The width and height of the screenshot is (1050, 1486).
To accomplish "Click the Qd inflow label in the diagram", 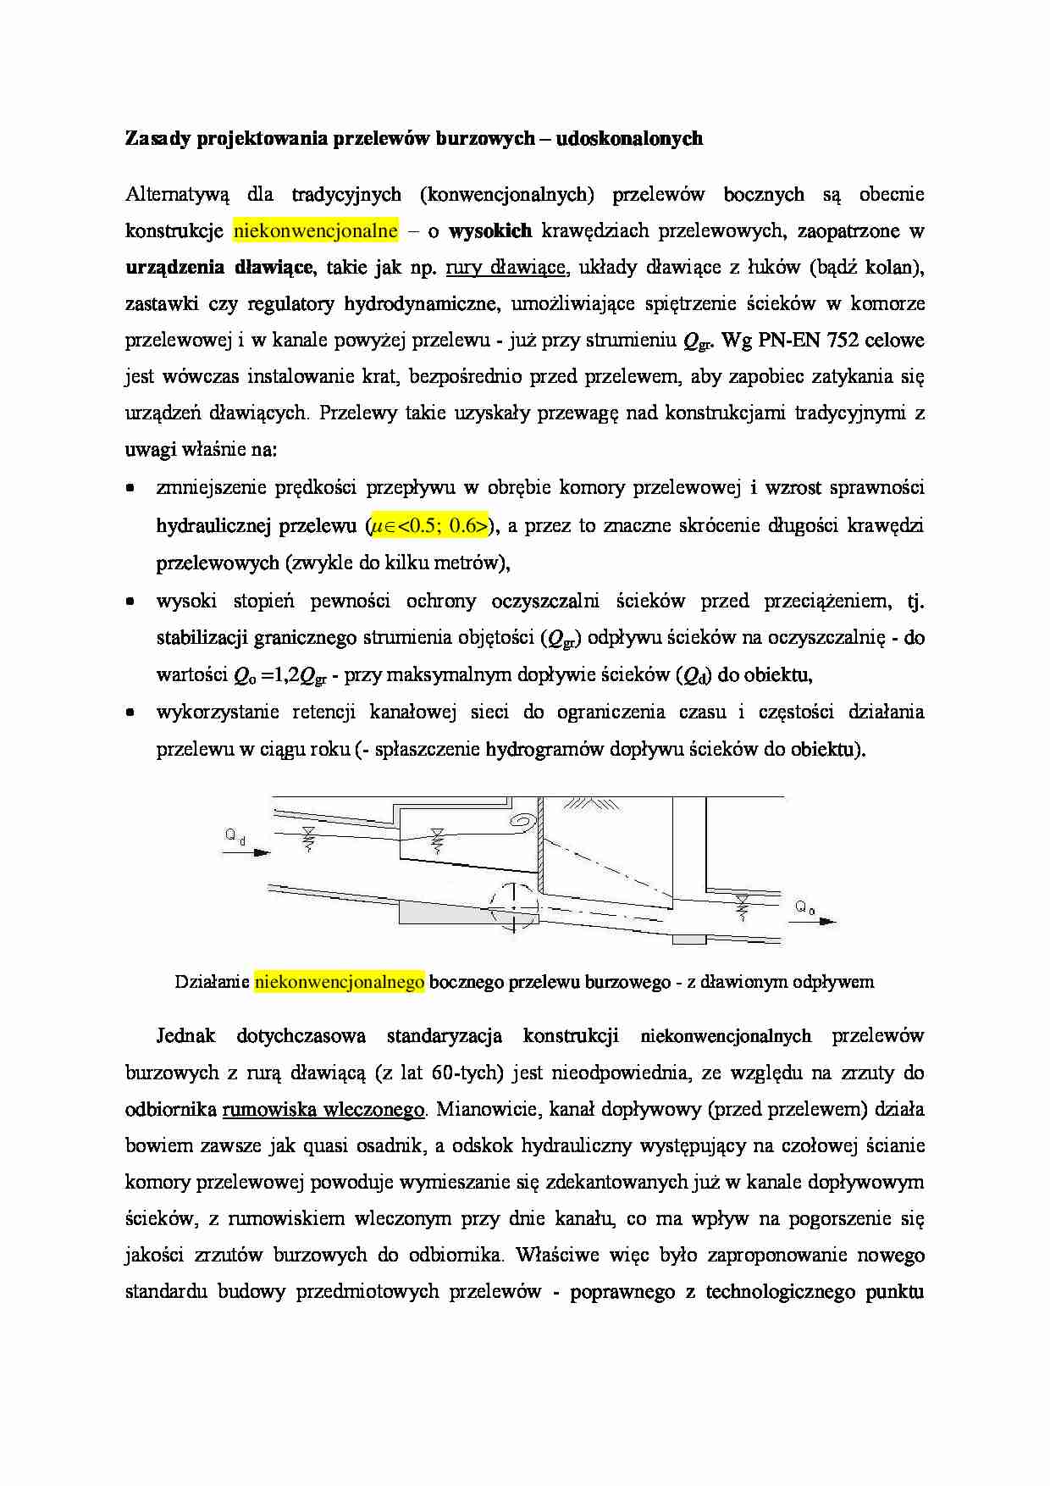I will pos(235,836).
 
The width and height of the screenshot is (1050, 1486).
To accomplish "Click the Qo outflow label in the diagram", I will pos(804,907).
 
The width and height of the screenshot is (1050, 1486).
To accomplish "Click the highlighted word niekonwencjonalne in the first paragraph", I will pos(315,230).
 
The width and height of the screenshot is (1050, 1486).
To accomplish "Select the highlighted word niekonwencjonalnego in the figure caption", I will pos(339,982).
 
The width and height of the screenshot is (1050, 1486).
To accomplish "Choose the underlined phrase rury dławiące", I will pos(505,268).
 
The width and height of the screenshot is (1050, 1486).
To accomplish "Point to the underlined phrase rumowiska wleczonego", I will pos(323,1110).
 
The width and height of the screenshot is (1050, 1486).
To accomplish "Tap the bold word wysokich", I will pos(490,230).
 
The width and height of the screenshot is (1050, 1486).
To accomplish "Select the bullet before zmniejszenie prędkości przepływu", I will pos(130,489).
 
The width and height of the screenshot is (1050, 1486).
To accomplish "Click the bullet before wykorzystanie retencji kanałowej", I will pos(130,713).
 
